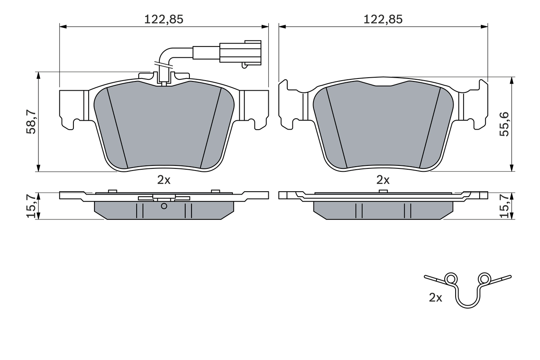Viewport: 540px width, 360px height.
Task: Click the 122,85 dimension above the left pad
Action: (x=164, y=19)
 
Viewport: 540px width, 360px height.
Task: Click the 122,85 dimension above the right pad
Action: (x=383, y=19)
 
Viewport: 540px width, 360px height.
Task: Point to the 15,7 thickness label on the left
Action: (x=31, y=206)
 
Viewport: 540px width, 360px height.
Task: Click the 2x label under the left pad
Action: (x=164, y=180)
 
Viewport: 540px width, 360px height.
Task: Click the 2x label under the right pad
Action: (x=383, y=180)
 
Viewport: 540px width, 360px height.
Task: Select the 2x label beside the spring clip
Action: (x=435, y=298)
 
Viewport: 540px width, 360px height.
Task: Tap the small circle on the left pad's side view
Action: (x=164, y=206)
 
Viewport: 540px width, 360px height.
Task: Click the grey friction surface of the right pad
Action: (x=383, y=127)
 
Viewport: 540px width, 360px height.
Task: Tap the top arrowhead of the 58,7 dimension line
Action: (x=38, y=76)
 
